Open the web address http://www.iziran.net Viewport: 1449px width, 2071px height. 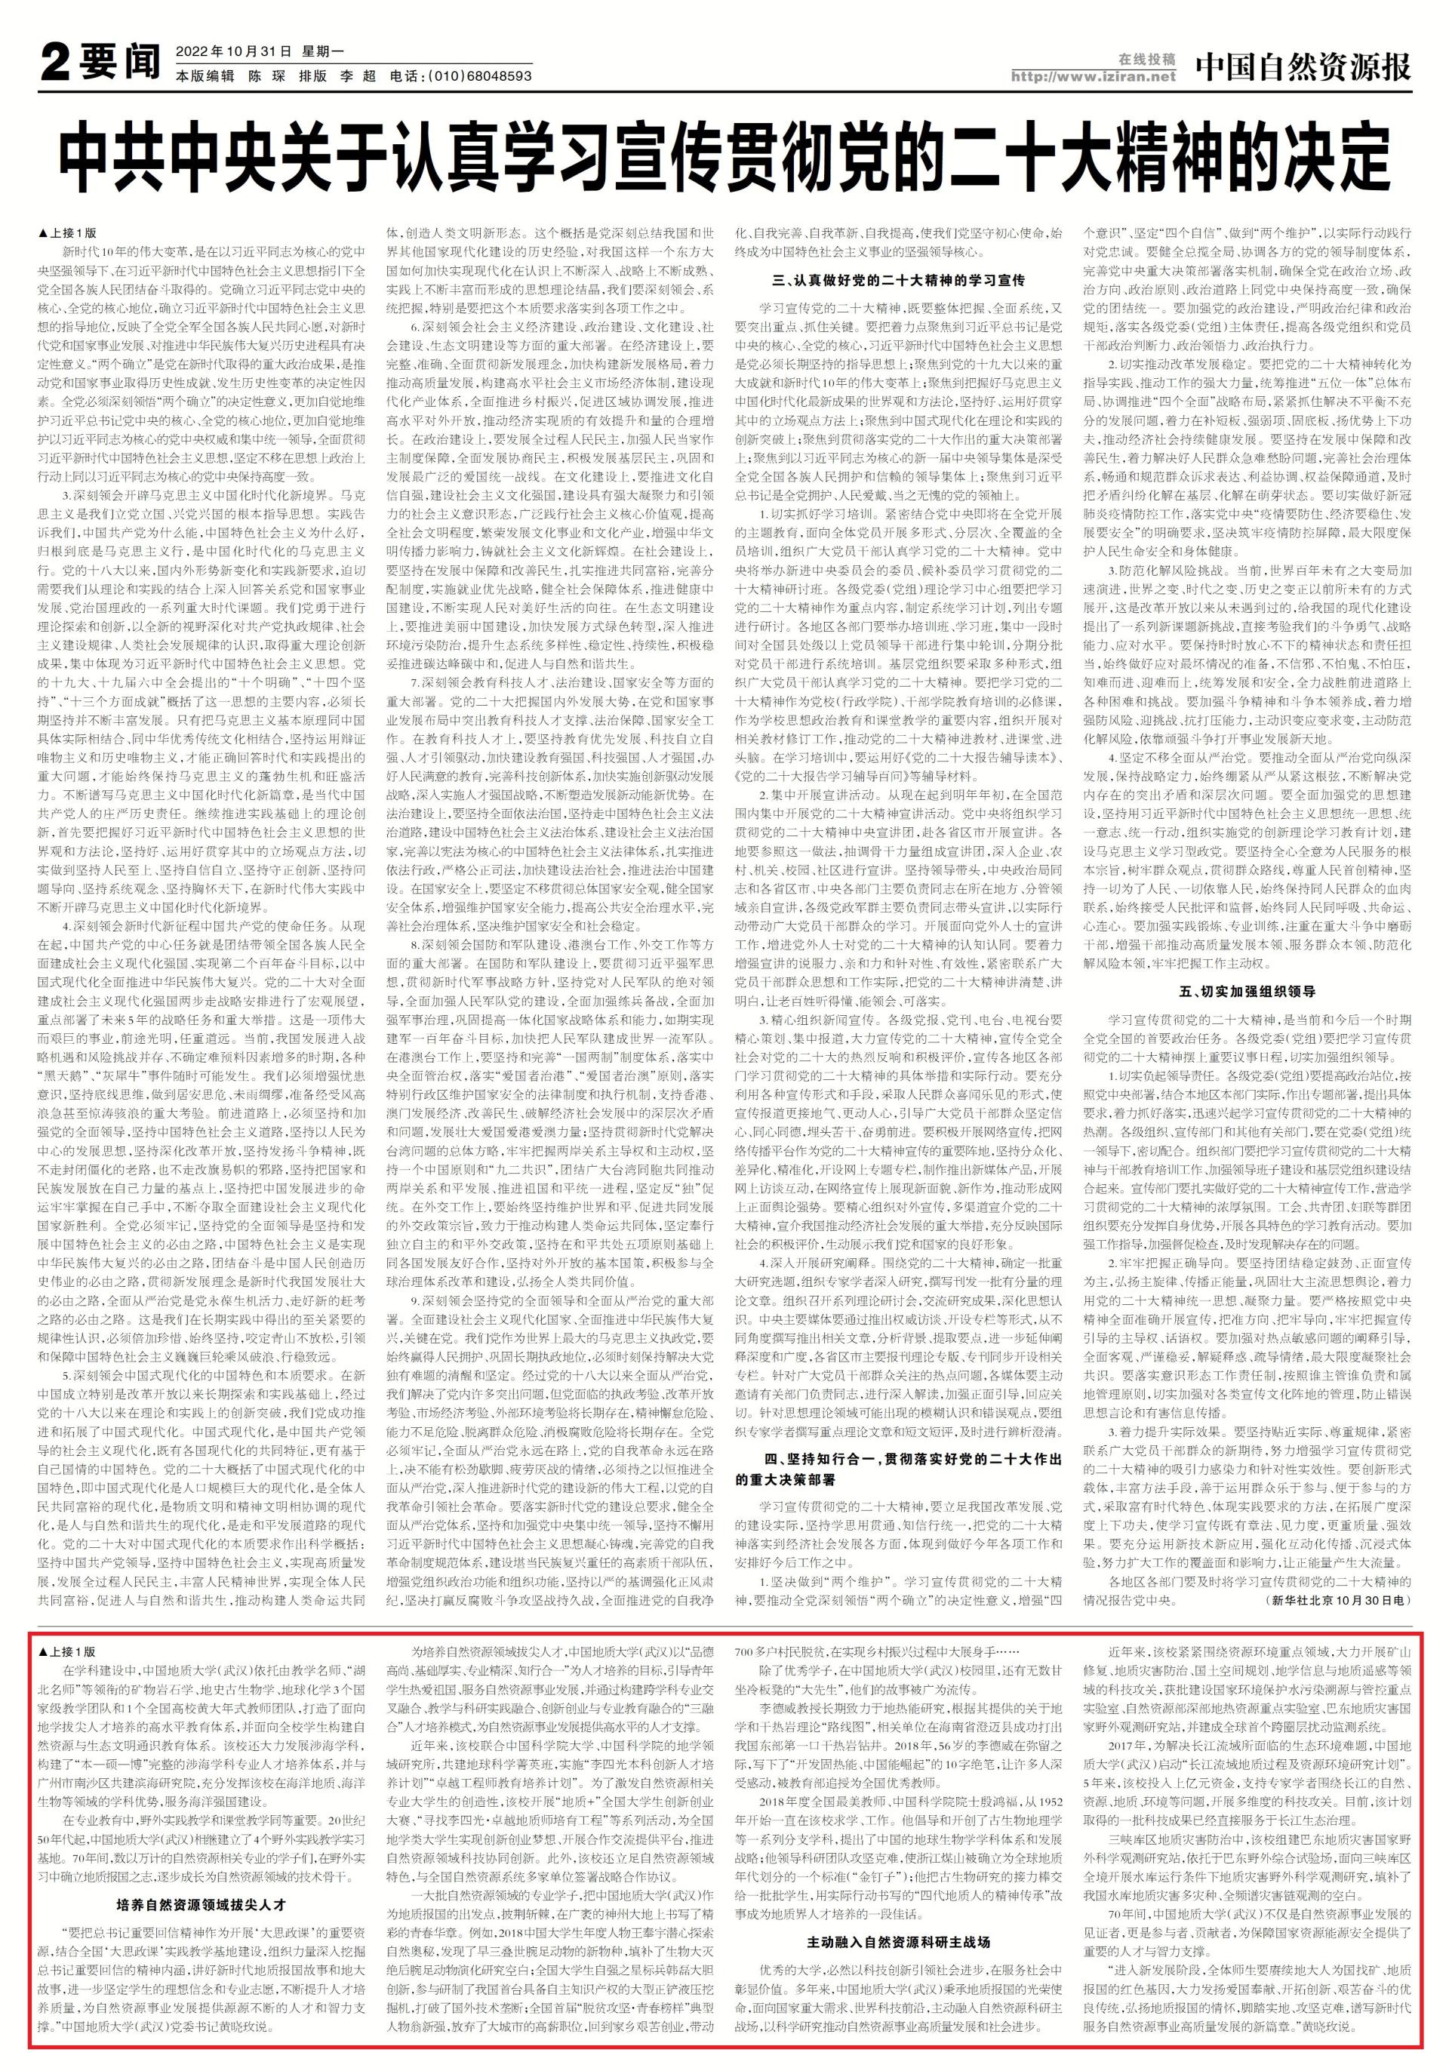(1094, 77)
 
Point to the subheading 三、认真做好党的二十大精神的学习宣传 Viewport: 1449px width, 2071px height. (898, 281)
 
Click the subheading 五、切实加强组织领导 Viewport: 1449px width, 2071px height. (1247, 991)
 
